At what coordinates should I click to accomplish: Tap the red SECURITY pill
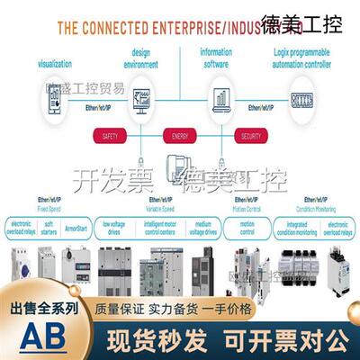tap(250, 135)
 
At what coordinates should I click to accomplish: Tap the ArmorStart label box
tap(76, 229)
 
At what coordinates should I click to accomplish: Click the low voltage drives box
tap(115, 229)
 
